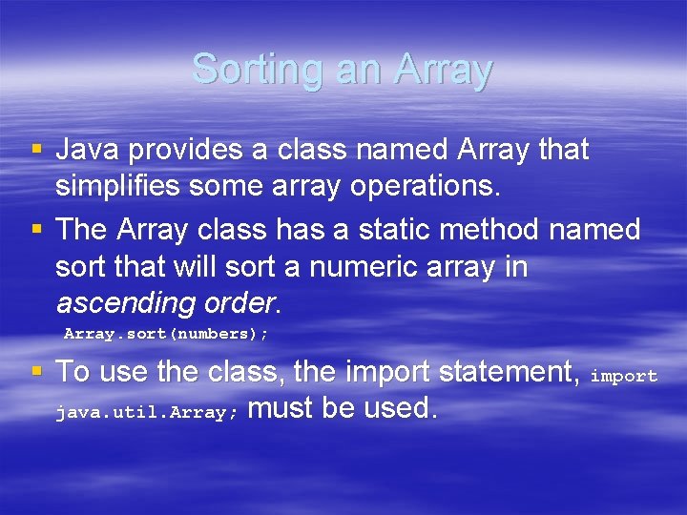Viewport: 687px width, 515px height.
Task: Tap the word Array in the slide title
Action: [x=444, y=70]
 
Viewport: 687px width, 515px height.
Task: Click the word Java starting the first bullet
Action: [x=87, y=150]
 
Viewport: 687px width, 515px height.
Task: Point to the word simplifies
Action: [x=118, y=186]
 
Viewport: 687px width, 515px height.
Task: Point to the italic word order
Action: [x=239, y=303]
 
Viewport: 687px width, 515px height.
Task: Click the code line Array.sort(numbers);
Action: [x=166, y=334]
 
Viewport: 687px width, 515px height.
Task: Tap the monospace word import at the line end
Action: [x=624, y=376]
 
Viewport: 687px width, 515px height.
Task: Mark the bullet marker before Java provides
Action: [x=37, y=150]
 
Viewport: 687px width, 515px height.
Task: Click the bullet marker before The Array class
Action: [x=37, y=230]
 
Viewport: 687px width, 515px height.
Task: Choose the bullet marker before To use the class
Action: [x=37, y=371]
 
